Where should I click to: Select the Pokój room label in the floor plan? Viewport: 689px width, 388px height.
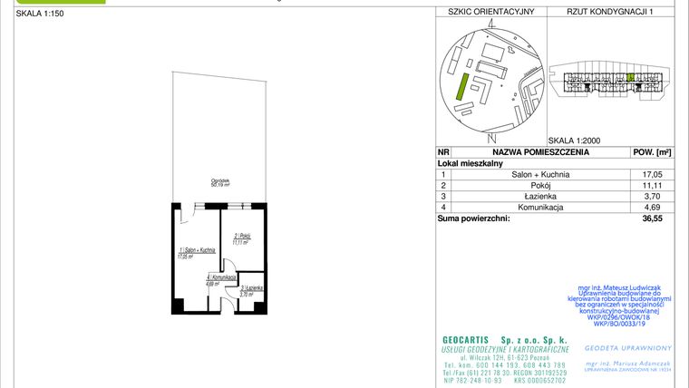tap(241, 238)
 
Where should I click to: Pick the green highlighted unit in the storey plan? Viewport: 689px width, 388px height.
tap(630, 78)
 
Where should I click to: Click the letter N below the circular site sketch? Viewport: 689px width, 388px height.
tap(490, 137)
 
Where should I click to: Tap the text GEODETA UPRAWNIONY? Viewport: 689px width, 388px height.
tap(628, 347)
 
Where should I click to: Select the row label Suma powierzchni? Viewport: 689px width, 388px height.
tap(473, 218)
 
